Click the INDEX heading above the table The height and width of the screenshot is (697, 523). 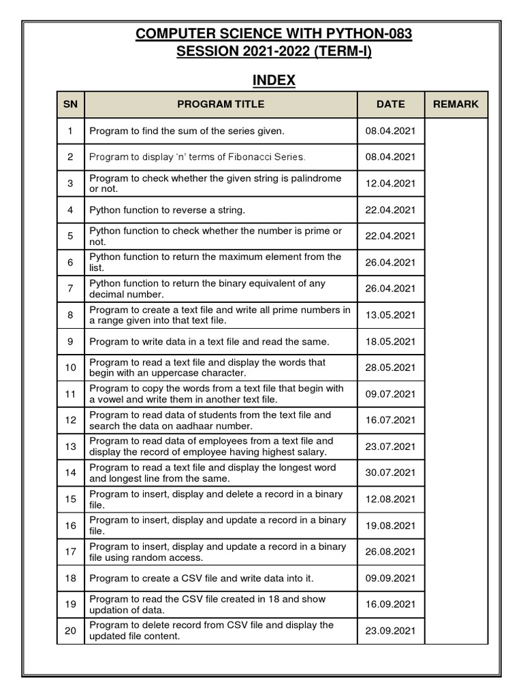coord(274,80)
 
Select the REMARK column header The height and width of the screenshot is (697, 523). coord(456,104)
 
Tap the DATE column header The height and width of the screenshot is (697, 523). coord(390,104)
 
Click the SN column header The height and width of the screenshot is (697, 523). coord(70,104)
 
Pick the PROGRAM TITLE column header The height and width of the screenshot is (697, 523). coord(221,104)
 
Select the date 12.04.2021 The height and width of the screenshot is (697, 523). coord(390,183)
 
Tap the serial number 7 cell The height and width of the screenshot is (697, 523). coord(70,289)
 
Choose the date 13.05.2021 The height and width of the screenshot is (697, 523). coord(390,314)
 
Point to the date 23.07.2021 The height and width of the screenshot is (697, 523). coord(390,447)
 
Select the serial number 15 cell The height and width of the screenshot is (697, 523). coord(70,499)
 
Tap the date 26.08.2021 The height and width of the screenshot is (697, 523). coord(390,551)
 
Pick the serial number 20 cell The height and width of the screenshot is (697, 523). coord(70,630)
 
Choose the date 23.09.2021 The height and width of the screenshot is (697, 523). coord(390,630)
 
